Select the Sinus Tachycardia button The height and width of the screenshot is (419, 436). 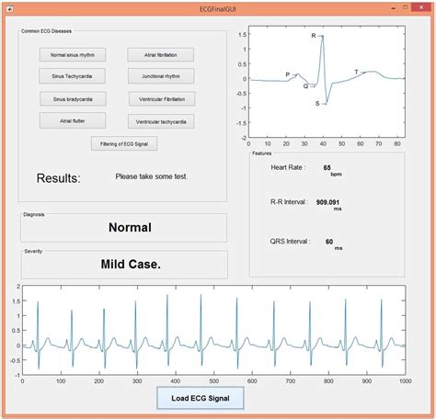(72, 76)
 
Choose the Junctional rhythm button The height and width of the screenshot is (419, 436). (161, 76)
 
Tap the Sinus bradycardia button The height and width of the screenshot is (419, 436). (72, 98)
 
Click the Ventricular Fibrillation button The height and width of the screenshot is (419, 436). (161, 98)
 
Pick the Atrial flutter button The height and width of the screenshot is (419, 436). (72, 120)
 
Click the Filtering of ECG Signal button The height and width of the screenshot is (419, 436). (126, 143)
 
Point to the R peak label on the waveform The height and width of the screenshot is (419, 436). (314, 36)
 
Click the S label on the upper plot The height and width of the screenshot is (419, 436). (317, 104)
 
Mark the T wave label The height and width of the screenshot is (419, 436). (356, 71)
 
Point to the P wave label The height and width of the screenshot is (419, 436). (287, 74)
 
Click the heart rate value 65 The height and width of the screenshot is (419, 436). (327, 167)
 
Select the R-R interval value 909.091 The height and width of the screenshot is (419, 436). (328, 201)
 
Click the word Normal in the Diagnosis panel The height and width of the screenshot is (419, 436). (130, 228)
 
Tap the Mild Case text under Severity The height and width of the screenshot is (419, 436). (130, 265)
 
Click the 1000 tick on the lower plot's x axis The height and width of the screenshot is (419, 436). (404, 380)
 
